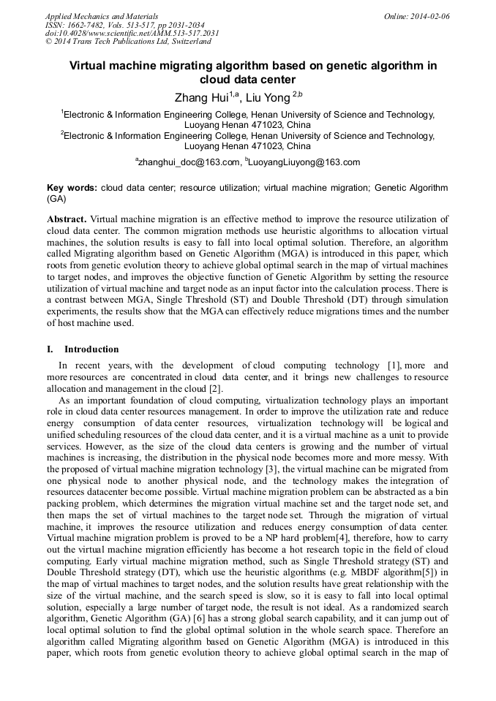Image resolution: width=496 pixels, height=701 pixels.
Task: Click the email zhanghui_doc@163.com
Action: point(189,162)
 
